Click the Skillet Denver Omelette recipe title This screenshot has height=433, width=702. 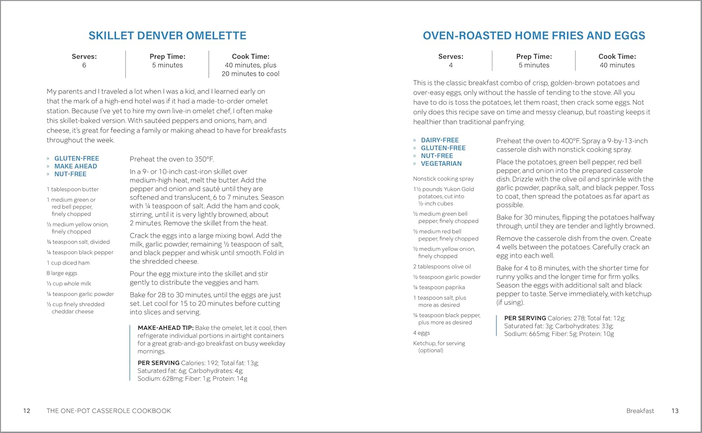click(x=167, y=36)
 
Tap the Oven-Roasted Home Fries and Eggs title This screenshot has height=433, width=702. click(x=534, y=36)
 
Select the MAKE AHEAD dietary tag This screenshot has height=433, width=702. click(x=75, y=166)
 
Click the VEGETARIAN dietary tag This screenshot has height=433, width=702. click(x=441, y=163)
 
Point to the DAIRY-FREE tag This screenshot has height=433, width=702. click(x=439, y=140)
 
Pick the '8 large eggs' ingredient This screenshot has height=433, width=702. click(x=62, y=273)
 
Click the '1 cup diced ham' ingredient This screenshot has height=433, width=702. click(x=68, y=263)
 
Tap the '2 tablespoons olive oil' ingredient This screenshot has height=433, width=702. click(x=442, y=266)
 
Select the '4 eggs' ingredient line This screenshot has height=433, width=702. click(x=421, y=333)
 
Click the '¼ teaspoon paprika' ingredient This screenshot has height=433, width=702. click(x=439, y=287)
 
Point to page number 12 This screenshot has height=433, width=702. click(x=27, y=411)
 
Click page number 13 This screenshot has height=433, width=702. click(x=674, y=411)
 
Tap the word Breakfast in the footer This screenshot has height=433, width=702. click(x=640, y=411)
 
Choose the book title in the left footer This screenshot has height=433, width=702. click(x=109, y=411)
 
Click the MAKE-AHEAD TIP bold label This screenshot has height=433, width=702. click(x=165, y=328)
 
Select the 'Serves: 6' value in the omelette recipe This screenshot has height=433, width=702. click(x=84, y=65)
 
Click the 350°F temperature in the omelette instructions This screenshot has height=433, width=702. click(x=204, y=159)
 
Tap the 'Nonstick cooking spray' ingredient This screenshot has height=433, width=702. click(x=443, y=179)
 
